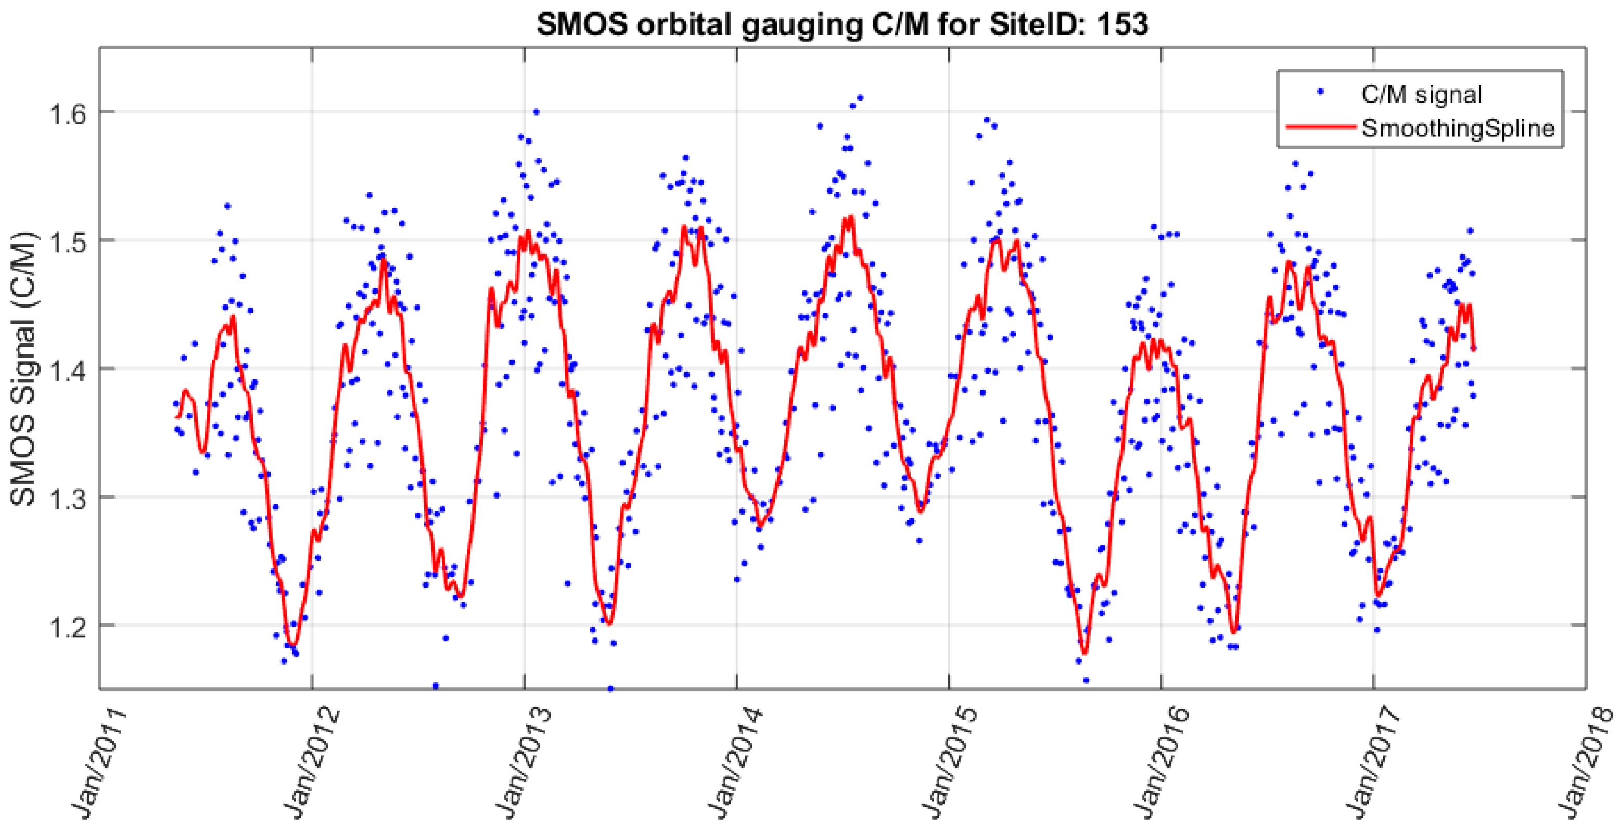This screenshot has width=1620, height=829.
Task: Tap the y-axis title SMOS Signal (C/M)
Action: click(x=24, y=368)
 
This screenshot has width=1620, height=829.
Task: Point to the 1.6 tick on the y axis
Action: click(x=67, y=114)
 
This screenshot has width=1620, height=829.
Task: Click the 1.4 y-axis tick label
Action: click(x=67, y=371)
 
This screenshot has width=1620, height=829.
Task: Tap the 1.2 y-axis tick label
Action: click(x=67, y=627)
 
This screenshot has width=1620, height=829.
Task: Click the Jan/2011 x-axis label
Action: click(x=97, y=762)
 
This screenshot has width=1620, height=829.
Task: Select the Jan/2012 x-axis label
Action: click(x=310, y=762)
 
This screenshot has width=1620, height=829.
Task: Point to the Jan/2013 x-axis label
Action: click(x=522, y=762)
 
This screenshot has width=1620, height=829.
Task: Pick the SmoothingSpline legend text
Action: click(x=1458, y=129)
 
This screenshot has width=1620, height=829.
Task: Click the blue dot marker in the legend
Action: click(x=1321, y=92)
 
